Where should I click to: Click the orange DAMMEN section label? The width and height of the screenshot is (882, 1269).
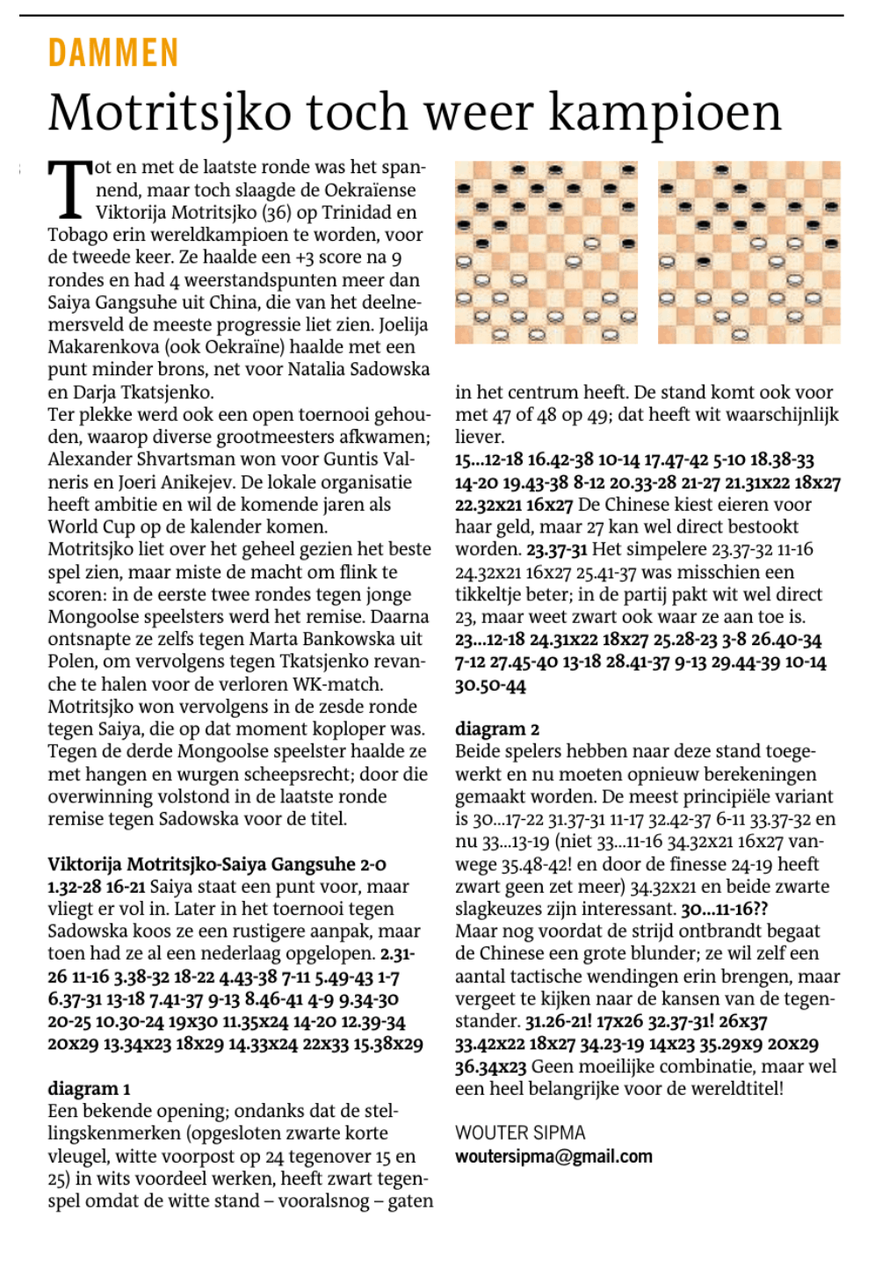point(113,54)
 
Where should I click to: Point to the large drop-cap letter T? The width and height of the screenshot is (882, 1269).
point(69,188)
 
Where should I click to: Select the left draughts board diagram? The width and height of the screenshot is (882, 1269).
point(546,252)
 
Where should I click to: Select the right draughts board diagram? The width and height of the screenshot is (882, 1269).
point(748,252)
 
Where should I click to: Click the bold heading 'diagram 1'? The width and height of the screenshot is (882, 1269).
point(89,1089)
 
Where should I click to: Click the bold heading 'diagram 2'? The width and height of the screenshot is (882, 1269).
point(497,729)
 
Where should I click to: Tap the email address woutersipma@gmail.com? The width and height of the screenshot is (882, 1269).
point(553,1157)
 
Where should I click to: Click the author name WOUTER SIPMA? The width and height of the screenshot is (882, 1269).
point(520,1133)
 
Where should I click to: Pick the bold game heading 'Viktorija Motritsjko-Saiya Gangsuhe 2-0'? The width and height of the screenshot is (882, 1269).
point(217,864)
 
